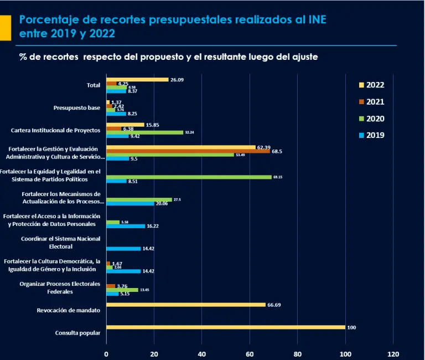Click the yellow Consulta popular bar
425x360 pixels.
pyautogui.click(x=225, y=327)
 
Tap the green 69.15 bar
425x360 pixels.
pyautogui.click(x=189, y=177)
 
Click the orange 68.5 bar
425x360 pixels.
pyautogui.click(x=188, y=151)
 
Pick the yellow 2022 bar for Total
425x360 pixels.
pyautogui.click(x=137, y=80)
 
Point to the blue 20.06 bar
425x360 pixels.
pyautogui.click(x=130, y=203)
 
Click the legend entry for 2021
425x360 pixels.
pyautogui.click(x=371, y=102)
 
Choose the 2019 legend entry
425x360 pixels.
pyautogui.click(x=371, y=135)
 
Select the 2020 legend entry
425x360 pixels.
pyautogui.click(x=371, y=119)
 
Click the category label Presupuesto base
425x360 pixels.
pyautogui.click(x=77, y=107)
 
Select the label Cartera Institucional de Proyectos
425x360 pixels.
pyautogui.click(x=55, y=131)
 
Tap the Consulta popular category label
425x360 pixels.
pyautogui.click(x=77, y=333)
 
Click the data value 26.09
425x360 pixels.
pyautogui.click(x=177, y=80)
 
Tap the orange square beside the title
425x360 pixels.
pyautogui.click(x=5, y=27)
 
